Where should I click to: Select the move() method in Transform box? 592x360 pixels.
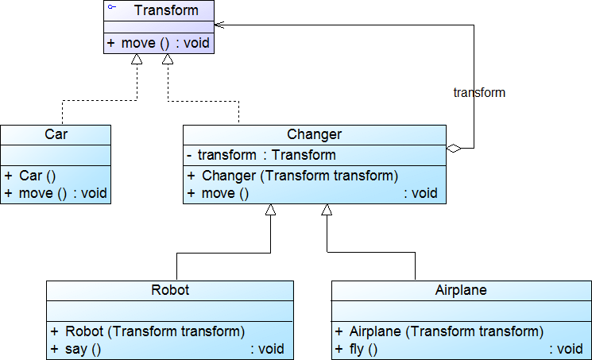coord(158,43)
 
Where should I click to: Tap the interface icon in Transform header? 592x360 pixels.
coord(112,7)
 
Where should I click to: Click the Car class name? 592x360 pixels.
coord(56,134)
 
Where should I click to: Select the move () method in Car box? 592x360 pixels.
coord(55,193)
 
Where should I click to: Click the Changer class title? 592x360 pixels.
coord(314,134)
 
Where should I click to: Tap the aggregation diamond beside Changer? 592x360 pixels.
coord(453,148)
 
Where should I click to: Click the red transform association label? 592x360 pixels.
coord(478,92)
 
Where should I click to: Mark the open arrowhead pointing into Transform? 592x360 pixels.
coord(219,25)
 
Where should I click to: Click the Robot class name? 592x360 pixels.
coord(170,290)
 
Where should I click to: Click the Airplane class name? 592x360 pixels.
coord(461,290)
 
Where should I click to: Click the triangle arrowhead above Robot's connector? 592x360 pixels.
coord(270,210)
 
